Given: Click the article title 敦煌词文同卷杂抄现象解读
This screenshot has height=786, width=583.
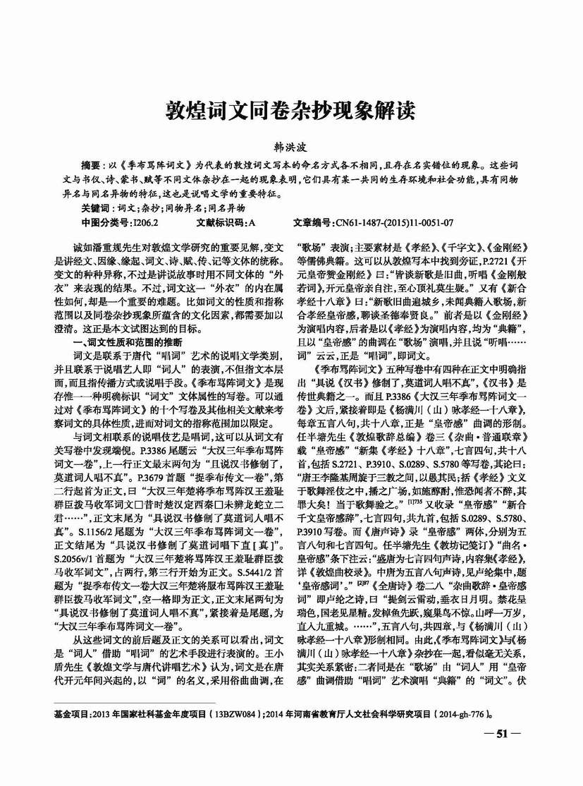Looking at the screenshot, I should pyautogui.click(x=290, y=110).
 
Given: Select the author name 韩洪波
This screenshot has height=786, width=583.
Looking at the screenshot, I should pyautogui.click(x=290, y=146).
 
